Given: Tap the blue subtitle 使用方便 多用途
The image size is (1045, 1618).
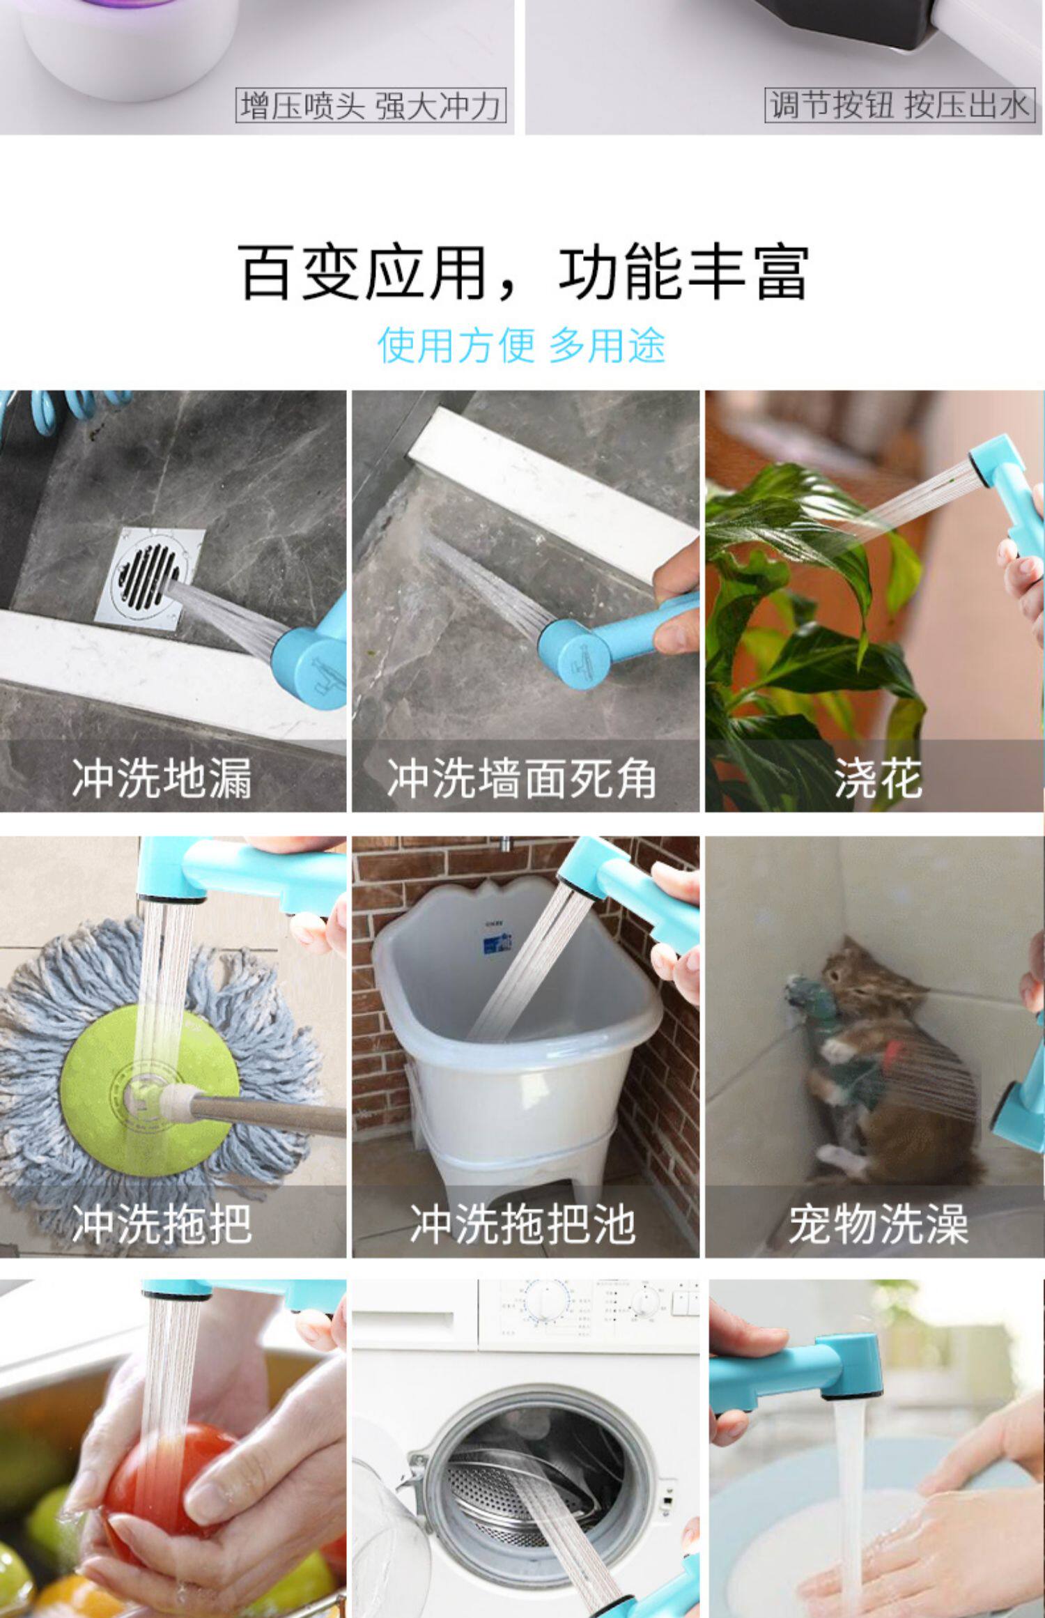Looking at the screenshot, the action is pos(522,345).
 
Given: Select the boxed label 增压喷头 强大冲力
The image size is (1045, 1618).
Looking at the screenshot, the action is pos(371,106).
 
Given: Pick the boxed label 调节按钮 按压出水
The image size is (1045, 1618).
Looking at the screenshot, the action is pos(899,105).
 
